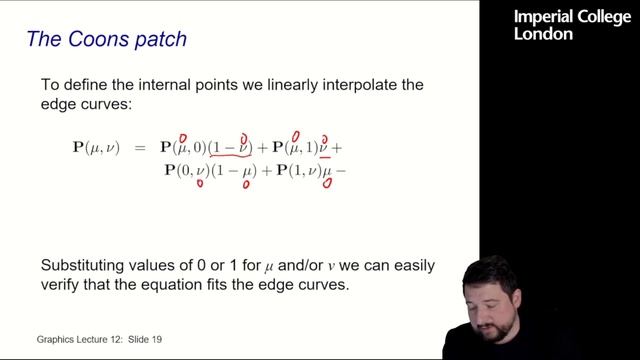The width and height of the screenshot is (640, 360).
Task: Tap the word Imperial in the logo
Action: point(541,16)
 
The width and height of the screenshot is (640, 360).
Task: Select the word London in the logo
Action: point(543,34)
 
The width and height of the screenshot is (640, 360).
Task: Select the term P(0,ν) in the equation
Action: point(185,171)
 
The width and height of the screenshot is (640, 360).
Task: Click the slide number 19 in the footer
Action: point(156,339)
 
